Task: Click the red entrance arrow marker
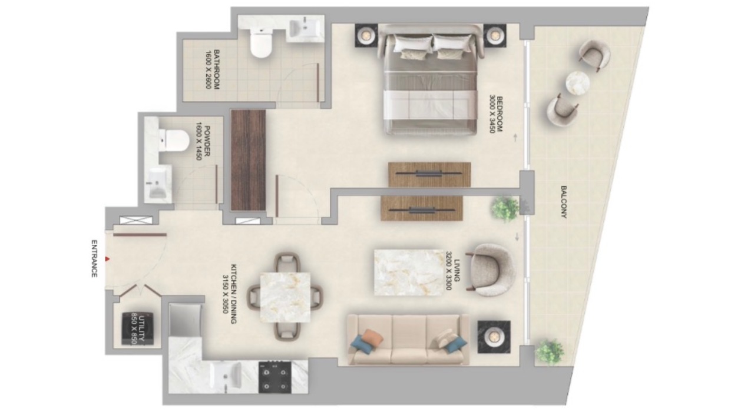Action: pos(107,259)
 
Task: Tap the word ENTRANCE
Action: pos(95,258)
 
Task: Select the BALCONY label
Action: pos(564,202)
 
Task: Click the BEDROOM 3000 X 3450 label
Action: pos(496,114)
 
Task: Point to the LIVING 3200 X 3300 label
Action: pos(452,270)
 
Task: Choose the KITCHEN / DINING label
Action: pos(230,294)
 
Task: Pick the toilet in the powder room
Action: pos(173,141)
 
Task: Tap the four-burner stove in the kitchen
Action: pos(275,377)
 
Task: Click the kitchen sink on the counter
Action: pos(226,377)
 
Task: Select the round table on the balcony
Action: pos(578,83)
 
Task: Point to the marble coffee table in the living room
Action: pos(409,273)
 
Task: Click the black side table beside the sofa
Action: pos(494,337)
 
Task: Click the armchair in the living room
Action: pos(491,270)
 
